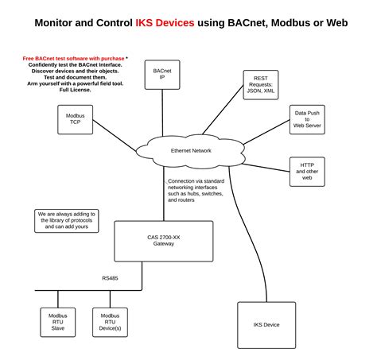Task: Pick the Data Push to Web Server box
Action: click(306, 119)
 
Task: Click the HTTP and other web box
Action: click(307, 171)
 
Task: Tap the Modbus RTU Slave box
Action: click(57, 325)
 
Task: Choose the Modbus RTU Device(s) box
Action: click(109, 325)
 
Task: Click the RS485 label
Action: click(111, 278)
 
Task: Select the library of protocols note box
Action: click(67, 220)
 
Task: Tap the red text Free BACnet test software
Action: click(72, 58)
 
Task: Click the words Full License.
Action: click(76, 90)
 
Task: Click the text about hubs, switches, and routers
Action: click(196, 191)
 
